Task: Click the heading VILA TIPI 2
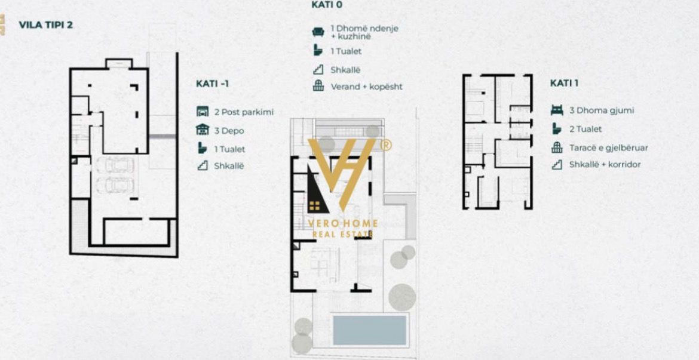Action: (x=45, y=25)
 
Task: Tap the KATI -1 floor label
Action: (x=212, y=84)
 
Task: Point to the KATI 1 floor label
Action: (x=564, y=84)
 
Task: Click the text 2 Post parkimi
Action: (x=244, y=112)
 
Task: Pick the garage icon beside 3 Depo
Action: (x=203, y=130)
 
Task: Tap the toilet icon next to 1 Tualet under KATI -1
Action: (x=203, y=149)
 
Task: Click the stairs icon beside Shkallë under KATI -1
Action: (x=203, y=166)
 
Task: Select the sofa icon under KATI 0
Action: (x=318, y=32)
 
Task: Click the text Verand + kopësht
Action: (x=366, y=87)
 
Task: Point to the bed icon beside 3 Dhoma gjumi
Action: (x=557, y=110)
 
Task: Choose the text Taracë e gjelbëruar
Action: (x=609, y=148)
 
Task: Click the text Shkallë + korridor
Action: (x=605, y=164)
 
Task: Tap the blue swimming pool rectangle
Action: (x=370, y=330)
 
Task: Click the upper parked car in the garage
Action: (x=115, y=165)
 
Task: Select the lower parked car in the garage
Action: (x=115, y=185)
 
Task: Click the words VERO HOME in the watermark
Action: (x=344, y=223)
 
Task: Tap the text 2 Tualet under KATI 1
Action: (x=585, y=129)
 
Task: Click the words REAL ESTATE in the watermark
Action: (x=343, y=235)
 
